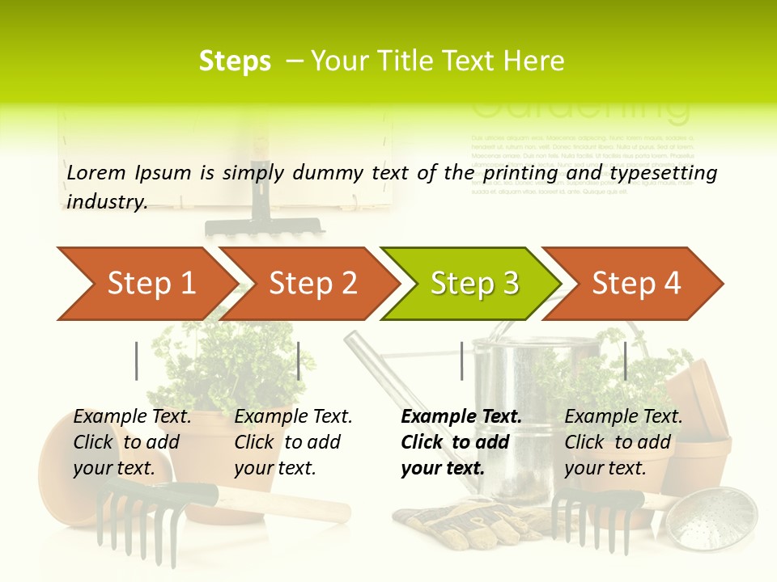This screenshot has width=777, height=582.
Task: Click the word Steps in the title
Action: pos(235,61)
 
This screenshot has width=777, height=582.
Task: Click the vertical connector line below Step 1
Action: pos(137,361)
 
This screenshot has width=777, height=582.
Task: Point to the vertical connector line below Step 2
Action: pos(299,361)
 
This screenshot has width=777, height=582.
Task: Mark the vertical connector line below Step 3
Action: pos(461,361)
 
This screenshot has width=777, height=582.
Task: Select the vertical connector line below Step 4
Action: pos(625,361)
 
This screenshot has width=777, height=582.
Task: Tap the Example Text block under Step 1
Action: pos(132,442)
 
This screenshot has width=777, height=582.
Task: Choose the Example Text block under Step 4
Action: pos(623,442)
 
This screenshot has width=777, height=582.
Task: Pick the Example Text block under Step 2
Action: pos(293,442)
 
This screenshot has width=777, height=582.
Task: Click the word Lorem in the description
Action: pos(96,173)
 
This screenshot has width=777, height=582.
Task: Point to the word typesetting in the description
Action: pos(663,173)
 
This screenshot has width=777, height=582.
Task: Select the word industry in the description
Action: pos(106,202)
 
